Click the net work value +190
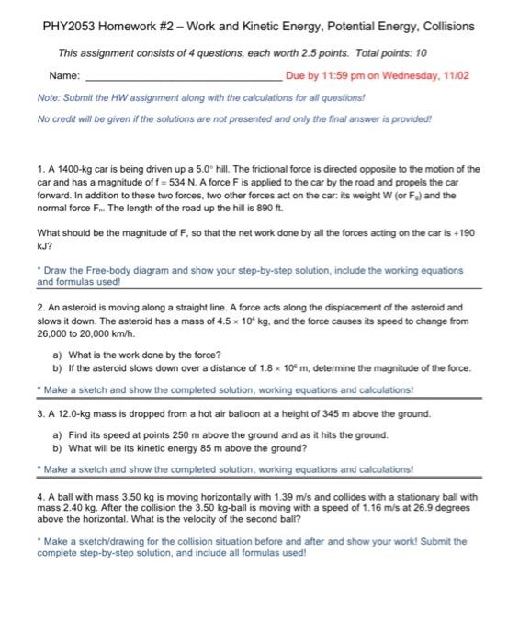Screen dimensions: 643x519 (x=464, y=232)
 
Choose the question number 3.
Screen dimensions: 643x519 (x=41, y=414)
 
